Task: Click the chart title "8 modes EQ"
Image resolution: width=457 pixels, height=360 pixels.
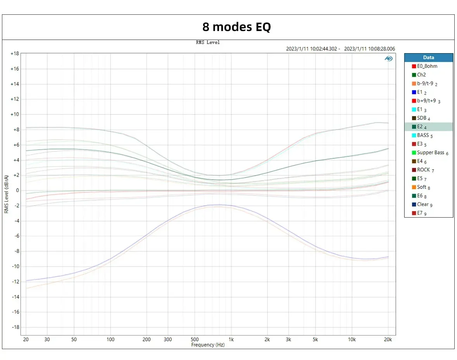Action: coord(236,27)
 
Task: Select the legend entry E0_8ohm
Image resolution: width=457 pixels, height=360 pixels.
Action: coord(427,66)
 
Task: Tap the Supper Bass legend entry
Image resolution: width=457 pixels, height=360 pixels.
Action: coord(430,152)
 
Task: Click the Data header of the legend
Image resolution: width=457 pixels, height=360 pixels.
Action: coord(428,57)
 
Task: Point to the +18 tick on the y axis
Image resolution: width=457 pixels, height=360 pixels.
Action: coord(14,54)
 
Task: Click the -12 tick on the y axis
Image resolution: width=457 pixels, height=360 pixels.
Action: coord(15,282)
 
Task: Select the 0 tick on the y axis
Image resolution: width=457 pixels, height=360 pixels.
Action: coord(17,190)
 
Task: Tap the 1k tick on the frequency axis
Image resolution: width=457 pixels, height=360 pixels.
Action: coord(231,339)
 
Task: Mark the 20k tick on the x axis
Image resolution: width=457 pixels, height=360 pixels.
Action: coord(388,339)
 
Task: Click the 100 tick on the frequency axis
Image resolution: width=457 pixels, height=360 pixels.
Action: coord(111,339)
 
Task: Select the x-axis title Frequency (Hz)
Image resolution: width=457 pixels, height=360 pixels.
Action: coord(208,345)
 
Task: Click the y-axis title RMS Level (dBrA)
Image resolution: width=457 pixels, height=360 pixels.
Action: coord(6,194)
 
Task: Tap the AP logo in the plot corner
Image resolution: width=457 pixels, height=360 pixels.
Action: coord(388,59)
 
